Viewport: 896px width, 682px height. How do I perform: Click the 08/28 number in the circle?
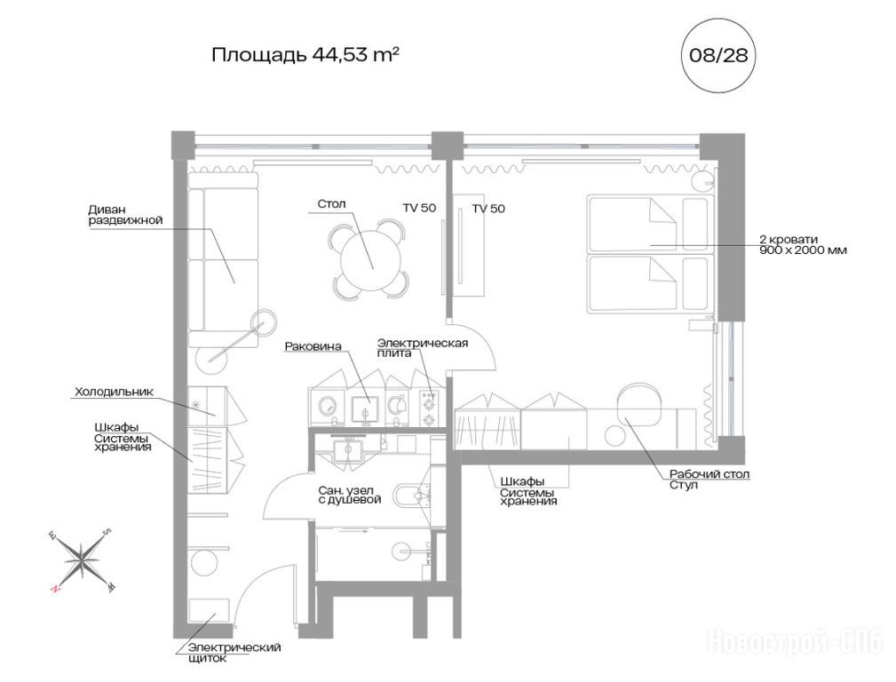[x=718, y=55]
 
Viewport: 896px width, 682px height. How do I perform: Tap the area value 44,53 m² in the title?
[x=355, y=55]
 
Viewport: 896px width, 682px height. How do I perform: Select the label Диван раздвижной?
[x=126, y=215]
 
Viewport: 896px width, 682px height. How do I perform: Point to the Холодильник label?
[x=114, y=393]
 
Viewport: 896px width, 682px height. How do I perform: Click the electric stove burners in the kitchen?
[x=429, y=408]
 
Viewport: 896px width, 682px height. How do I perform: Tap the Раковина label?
[x=313, y=346]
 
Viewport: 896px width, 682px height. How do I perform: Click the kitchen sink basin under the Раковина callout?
[x=365, y=408]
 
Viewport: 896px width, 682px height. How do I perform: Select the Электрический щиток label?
[x=234, y=653]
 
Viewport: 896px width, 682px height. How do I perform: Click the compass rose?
[x=82, y=559]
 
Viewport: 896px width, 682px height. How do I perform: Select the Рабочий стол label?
[x=710, y=474]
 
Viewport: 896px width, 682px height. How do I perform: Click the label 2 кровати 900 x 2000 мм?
[x=803, y=245]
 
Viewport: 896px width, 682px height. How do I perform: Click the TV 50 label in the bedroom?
[x=488, y=209]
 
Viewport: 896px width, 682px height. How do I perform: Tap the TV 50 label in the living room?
[x=419, y=208]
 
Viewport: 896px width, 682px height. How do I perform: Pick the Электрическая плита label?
[x=423, y=347]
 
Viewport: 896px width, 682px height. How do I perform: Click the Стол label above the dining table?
[x=331, y=204]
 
